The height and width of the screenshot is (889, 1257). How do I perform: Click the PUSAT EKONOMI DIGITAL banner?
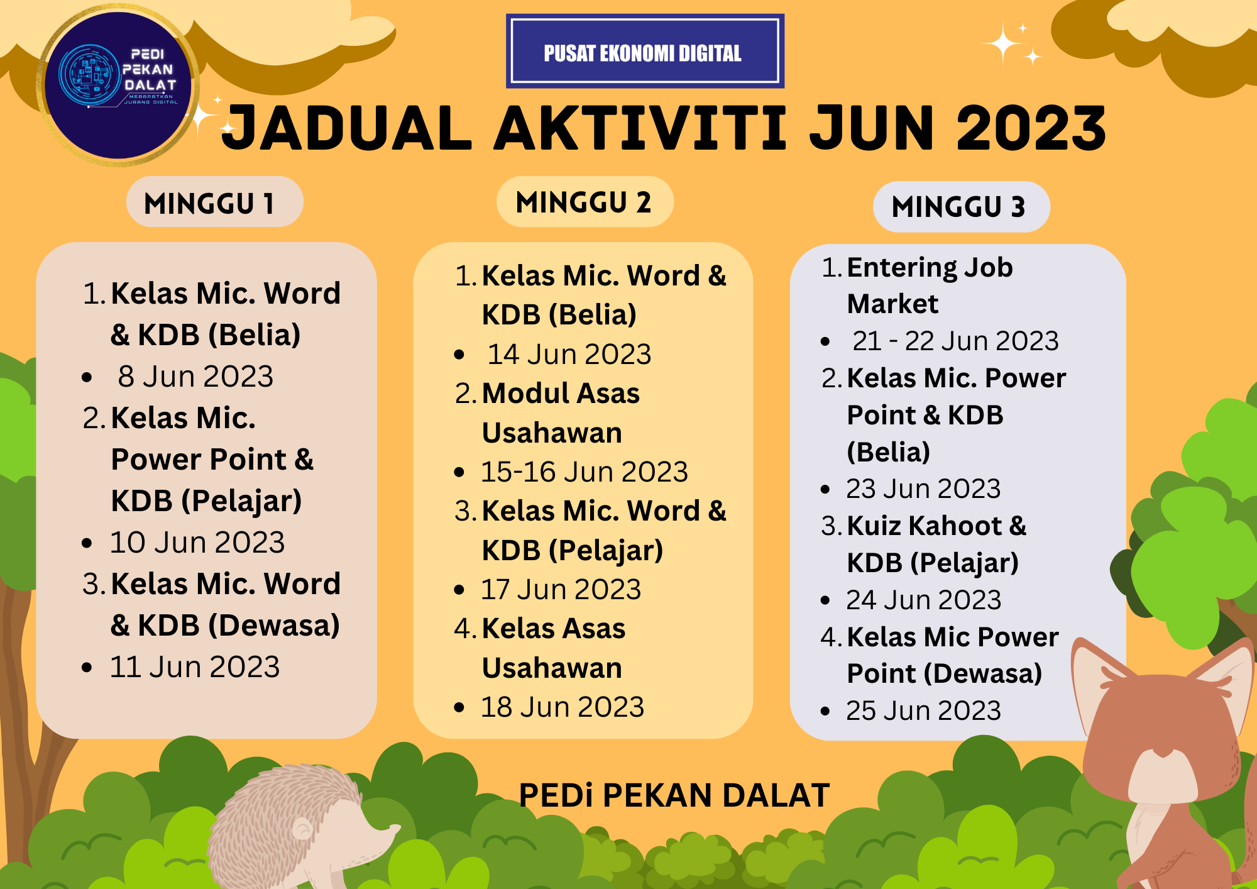(x=645, y=52)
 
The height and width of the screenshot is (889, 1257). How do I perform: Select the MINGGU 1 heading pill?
(x=214, y=202)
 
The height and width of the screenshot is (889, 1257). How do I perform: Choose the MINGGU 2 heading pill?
(x=585, y=202)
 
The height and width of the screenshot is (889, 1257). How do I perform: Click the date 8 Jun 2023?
(x=195, y=377)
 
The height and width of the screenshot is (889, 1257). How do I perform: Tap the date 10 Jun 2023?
(x=197, y=543)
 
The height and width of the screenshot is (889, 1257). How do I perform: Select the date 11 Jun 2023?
(x=195, y=667)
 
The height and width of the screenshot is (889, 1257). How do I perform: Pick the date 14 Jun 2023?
(x=569, y=354)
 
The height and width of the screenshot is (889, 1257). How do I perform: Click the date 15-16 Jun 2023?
(x=585, y=472)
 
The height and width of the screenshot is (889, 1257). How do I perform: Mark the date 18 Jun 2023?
(x=563, y=707)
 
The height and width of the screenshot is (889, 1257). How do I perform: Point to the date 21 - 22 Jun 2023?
(x=955, y=341)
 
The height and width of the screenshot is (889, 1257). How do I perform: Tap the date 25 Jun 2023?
(x=923, y=711)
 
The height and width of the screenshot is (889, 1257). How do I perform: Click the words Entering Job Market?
(x=929, y=285)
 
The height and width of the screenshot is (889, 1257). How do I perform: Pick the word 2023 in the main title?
(x=1031, y=128)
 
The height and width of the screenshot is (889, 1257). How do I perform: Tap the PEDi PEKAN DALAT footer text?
(x=674, y=795)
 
